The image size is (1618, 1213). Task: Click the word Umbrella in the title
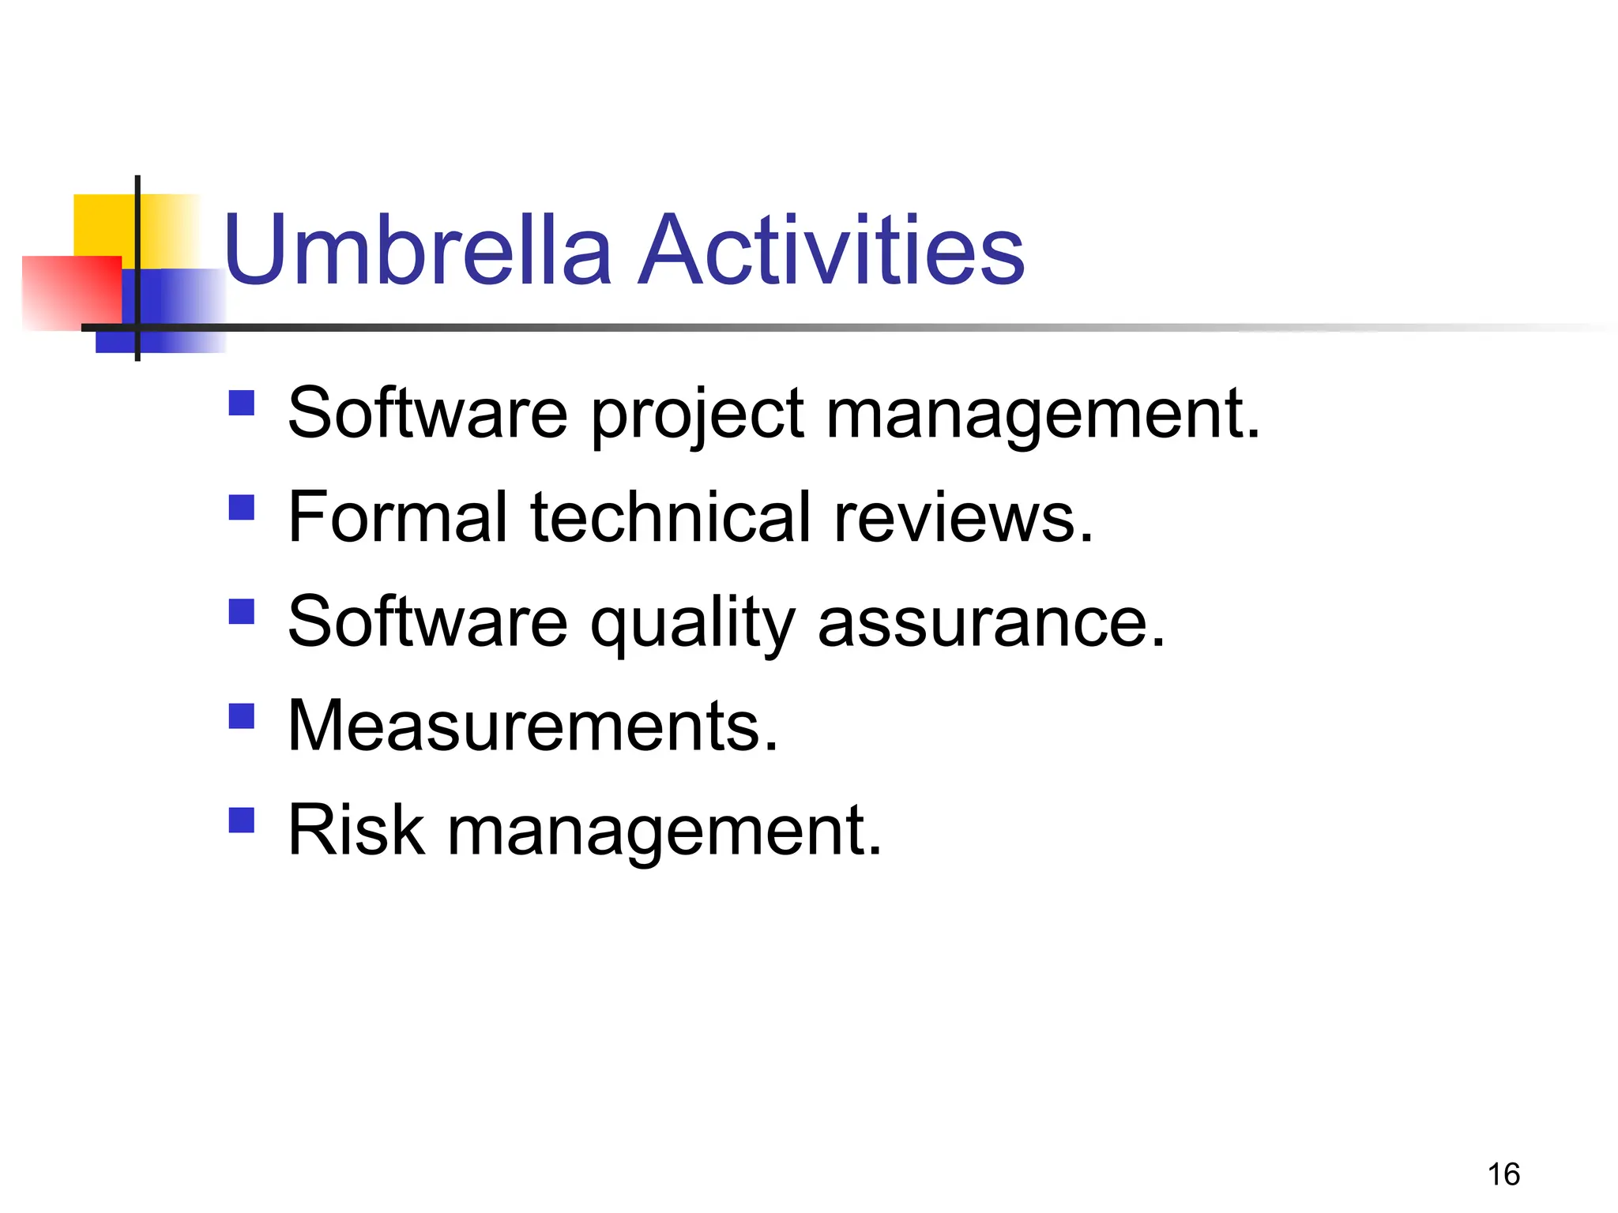(418, 251)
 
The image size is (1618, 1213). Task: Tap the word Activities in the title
(831, 251)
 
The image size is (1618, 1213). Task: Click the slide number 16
(1503, 1174)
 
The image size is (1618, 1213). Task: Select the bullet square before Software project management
(242, 404)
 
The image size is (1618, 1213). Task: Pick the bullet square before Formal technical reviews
(242, 507)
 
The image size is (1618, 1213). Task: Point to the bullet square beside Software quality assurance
(242, 612)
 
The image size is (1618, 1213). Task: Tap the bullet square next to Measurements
(242, 716)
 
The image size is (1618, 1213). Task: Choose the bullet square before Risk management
(242, 821)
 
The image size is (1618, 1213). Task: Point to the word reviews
(962, 519)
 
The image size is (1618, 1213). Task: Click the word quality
(692, 624)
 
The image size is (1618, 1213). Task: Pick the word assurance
(991, 624)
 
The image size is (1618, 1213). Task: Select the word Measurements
(532, 727)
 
